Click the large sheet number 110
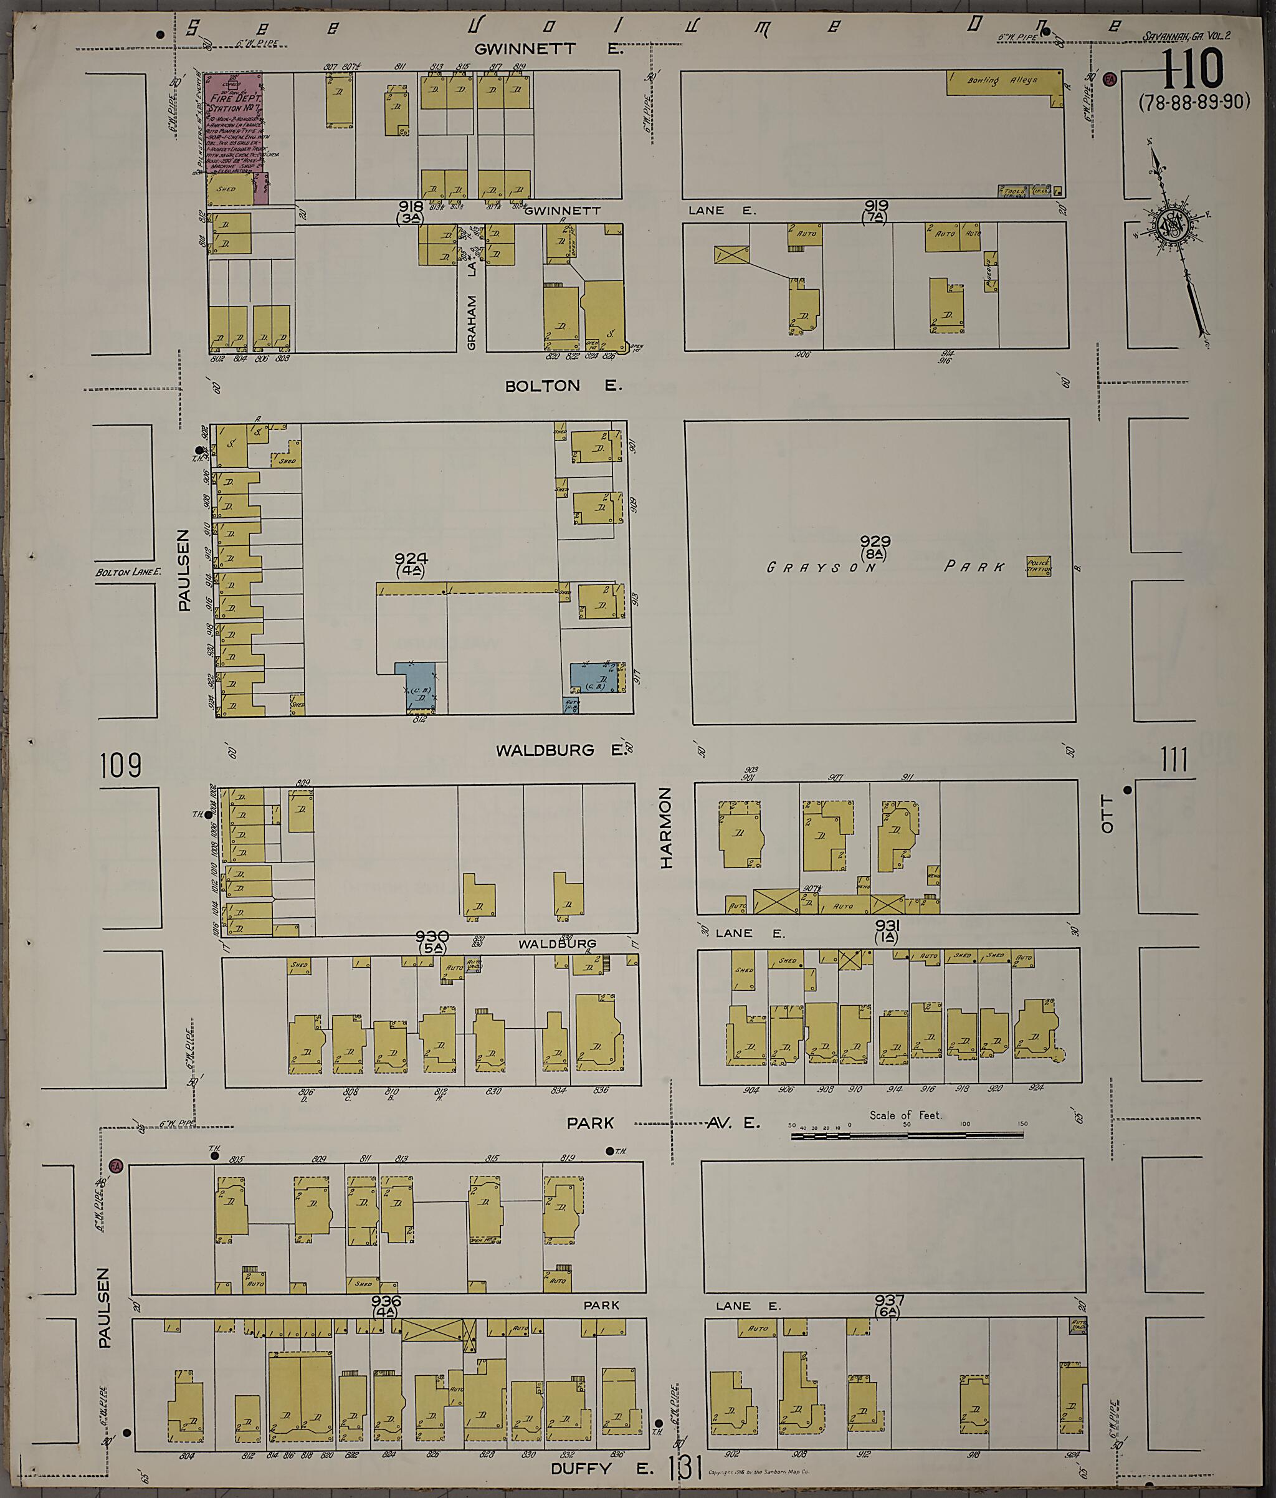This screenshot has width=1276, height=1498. point(1194,70)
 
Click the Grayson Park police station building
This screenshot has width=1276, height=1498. point(1039,566)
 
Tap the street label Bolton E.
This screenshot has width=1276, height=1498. point(563,386)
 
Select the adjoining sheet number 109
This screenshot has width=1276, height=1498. point(121,764)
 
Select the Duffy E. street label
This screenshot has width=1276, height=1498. point(601,1468)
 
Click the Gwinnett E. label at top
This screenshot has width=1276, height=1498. point(548,49)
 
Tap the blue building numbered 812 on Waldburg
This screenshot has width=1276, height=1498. point(418,685)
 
